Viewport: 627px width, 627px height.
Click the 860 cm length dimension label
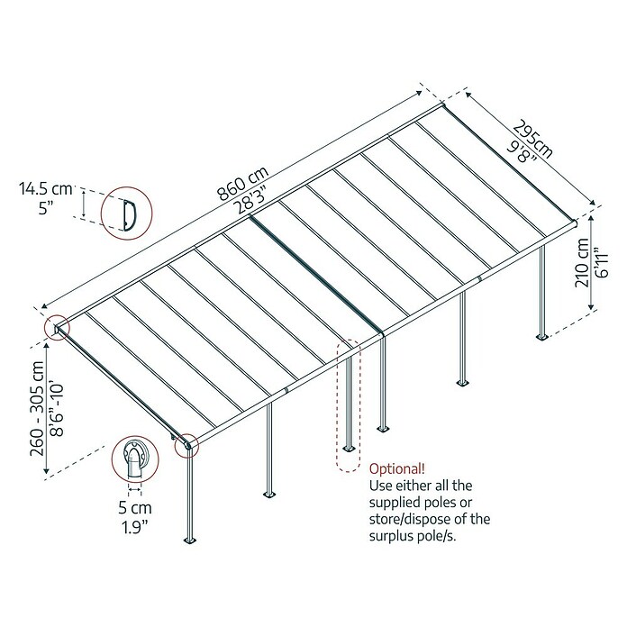click(x=242, y=184)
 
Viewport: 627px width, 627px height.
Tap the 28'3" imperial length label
click(x=251, y=200)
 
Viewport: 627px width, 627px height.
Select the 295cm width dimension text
click(x=533, y=139)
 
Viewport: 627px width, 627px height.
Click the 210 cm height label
click(x=582, y=262)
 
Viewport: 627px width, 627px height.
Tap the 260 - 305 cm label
click(x=37, y=408)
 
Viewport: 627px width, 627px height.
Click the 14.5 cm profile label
click(x=46, y=189)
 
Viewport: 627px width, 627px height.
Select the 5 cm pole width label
click(x=135, y=508)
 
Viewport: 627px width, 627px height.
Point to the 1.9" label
click(x=135, y=528)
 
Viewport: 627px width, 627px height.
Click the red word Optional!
click(x=397, y=468)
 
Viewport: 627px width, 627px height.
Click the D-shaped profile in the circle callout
click(x=130, y=215)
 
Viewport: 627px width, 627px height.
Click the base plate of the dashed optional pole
click(x=349, y=448)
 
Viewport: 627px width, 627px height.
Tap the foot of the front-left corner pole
click(x=190, y=541)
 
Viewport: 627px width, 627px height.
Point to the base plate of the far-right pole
click(x=542, y=337)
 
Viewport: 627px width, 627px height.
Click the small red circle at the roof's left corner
click(x=57, y=328)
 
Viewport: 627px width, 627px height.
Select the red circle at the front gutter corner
click(x=186, y=445)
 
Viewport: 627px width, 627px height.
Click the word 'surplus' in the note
click(x=393, y=537)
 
